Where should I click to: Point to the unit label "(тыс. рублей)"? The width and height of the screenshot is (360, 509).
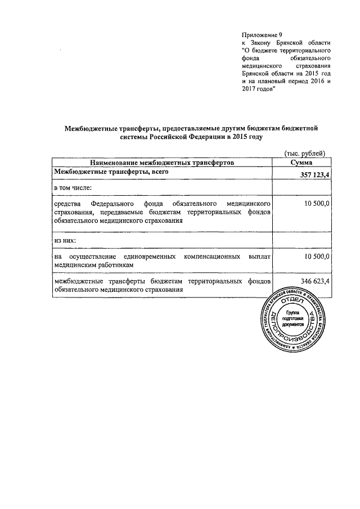coord(303,153)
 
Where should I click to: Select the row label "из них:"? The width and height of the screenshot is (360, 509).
coord(65,240)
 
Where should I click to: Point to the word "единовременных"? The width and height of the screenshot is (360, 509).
coord(148,256)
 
